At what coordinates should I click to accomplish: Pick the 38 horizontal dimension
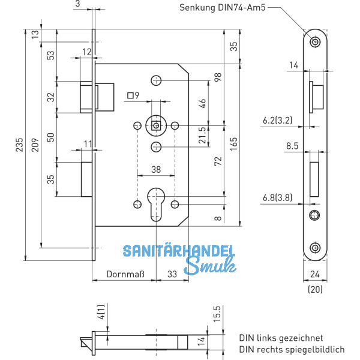point(155,170)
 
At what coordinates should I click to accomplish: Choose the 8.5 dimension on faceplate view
point(293,145)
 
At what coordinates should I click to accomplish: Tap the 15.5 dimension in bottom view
point(217,314)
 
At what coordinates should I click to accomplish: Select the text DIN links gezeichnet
point(281,338)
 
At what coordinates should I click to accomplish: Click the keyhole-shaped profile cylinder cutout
point(156,199)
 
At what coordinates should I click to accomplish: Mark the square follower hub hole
point(155,125)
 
